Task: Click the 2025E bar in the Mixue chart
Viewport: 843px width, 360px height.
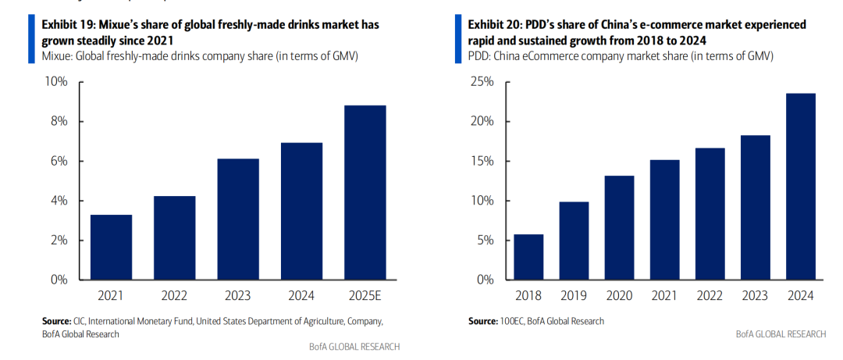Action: pyautogui.click(x=365, y=192)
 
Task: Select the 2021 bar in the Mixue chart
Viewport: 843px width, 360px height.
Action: pyautogui.click(x=112, y=247)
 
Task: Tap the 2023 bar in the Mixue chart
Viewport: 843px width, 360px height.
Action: pyautogui.click(x=239, y=219)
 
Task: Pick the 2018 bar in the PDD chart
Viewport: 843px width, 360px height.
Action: pyautogui.click(x=528, y=257)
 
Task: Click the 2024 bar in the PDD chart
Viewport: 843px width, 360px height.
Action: pyautogui.click(x=800, y=187)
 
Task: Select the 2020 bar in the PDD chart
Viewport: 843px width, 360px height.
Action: pyautogui.click(x=619, y=227)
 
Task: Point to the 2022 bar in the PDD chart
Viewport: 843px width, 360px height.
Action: pyautogui.click(x=710, y=213)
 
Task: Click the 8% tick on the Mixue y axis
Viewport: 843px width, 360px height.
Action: pyautogui.click(x=59, y=122)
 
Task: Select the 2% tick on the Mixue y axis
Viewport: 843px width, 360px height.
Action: pyautogui.click(x=59, y=241)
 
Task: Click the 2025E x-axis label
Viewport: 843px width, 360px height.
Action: pyautogui.click(x=365, y=296)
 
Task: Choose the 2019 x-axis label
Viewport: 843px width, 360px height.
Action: pyautogui.click(x=574, y=296)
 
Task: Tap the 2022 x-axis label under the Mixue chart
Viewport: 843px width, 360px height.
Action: pyautogui.click(x=176, y=296)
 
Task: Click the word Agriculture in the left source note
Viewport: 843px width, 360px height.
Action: pyautogui.click(x=333, y=321)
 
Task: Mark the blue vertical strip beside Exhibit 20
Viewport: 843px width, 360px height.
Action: pyautogui.click(x=459, y=32)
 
